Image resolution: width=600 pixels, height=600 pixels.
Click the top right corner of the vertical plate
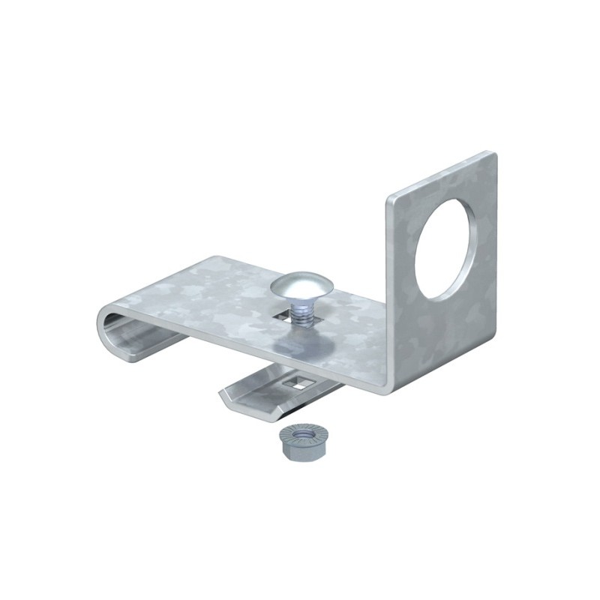[x=494, y=154]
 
